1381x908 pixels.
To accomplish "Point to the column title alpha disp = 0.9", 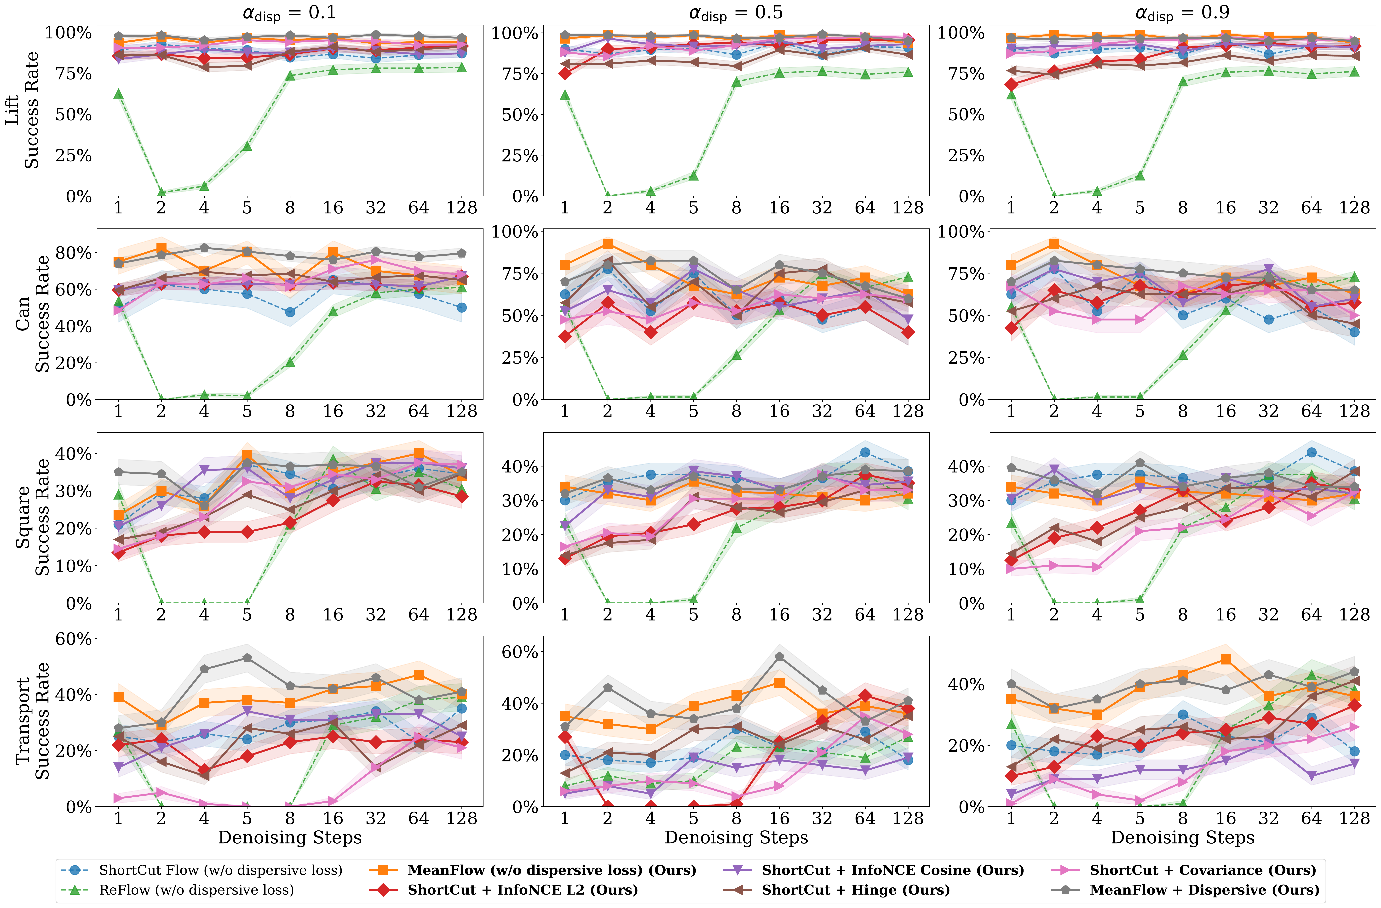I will click(x=1182, y=13).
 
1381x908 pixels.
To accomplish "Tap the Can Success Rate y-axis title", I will click(x=32, y=313).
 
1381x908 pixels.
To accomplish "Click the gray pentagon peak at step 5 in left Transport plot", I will click(x=247, y=658).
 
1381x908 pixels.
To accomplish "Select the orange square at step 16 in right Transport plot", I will click(x=1226, y=660).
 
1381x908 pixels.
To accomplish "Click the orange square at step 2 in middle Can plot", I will click(x=608, y=244).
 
